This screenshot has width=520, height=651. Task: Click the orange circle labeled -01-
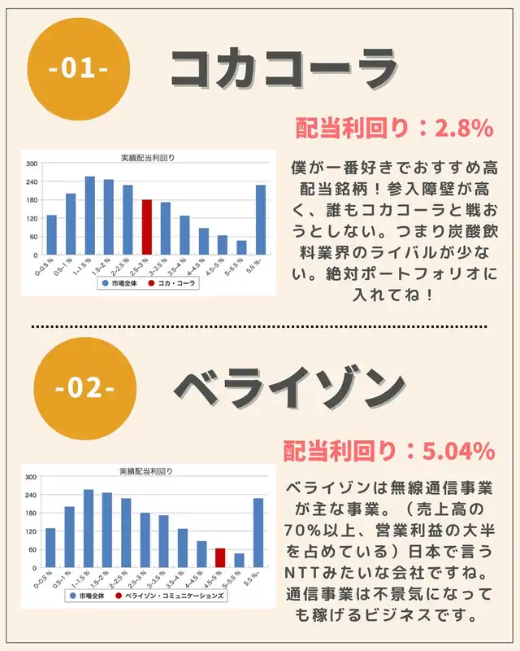pyautogui.click(x=78, y=69)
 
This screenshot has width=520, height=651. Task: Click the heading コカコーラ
pyautogui.click(x=284, y=70)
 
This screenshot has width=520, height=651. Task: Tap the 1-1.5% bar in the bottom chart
pyautogui.click(x=89, y=528)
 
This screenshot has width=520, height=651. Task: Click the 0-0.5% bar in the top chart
pyautogui.click(x=51, y=234)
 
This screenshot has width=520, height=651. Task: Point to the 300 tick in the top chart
pyautogui.click(x=32, y=164)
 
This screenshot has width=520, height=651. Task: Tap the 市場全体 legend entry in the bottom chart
pyautogui.click(x=87, y=596)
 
